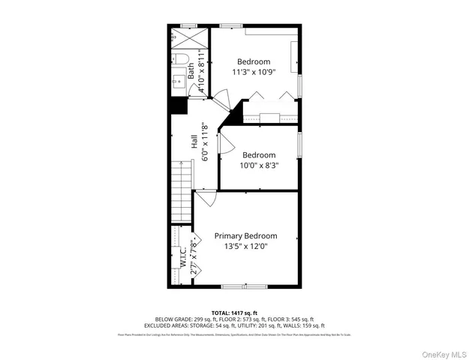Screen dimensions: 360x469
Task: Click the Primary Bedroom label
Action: tap(245, 235)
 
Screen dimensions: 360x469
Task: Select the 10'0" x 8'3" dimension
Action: tap(258, 166)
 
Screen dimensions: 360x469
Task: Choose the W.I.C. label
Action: tap(183, 258)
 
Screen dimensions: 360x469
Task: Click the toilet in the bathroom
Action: tap(181, 57)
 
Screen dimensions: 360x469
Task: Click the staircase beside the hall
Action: tap(182, 191)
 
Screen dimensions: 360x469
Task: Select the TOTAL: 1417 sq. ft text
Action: tap(234, 312)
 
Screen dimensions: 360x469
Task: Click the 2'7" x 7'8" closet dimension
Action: tap(194, 259)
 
